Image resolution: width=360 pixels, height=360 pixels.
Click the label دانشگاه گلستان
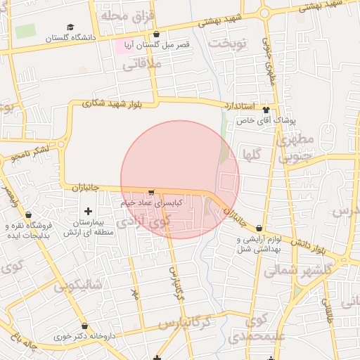pos(69,39)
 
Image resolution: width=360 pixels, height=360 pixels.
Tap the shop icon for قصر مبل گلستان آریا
pos(156,34)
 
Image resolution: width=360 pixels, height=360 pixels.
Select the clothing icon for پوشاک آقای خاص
pos(265,110)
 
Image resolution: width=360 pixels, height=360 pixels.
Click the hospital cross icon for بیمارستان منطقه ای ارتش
pos(88,211)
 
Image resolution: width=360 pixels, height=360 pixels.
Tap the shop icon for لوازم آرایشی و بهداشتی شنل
pos(260,229)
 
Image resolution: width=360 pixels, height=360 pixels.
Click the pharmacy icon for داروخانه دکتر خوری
pos(85,327)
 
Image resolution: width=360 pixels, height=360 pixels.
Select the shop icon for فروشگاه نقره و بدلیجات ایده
pos(27,215)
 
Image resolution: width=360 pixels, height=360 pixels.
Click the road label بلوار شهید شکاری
pos(112,103)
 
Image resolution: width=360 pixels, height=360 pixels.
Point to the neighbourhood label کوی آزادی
pos(143,221)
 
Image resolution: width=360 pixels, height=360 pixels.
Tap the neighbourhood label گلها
pos(251,153)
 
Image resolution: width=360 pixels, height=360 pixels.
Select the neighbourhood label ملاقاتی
pos(142,65)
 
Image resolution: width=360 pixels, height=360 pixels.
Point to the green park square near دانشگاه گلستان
pos(25,32)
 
